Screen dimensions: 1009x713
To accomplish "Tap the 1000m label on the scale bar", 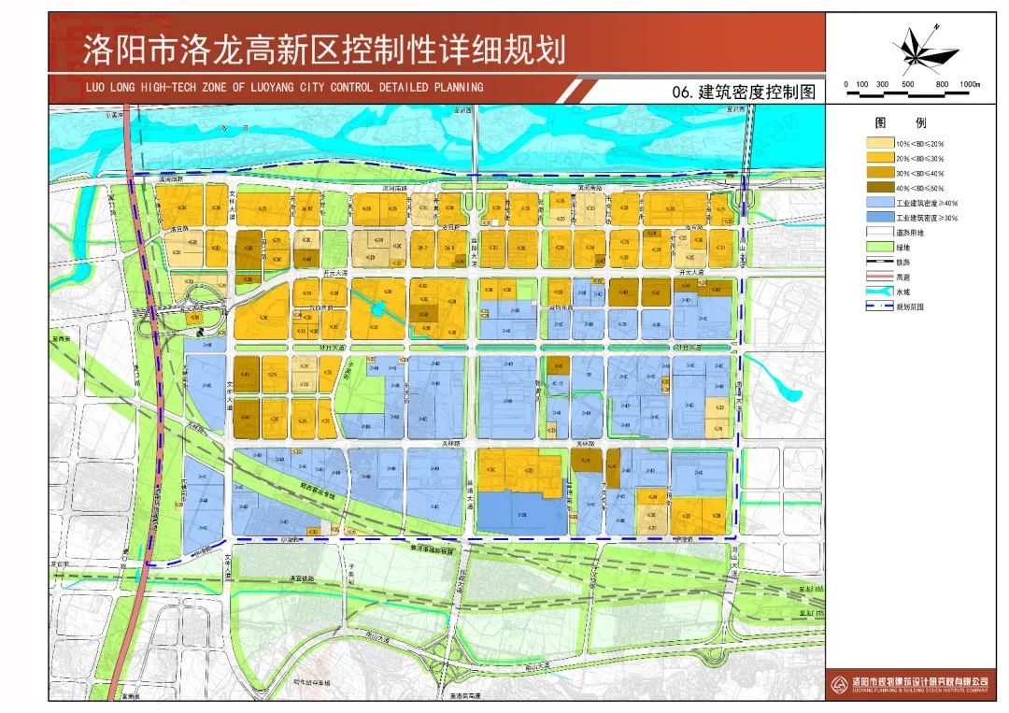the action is tap(969, 84).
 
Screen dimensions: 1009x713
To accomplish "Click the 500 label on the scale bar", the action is tap(907, 84).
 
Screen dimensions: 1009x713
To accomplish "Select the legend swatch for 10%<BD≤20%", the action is tap(879, 144).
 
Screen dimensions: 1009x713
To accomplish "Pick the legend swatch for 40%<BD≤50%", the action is tap(879, 188).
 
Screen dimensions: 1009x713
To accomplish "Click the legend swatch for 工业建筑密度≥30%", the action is tap(879, 218).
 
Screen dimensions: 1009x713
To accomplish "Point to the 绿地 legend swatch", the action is tap(879, 247).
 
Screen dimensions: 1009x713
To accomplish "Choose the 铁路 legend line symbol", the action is tap(879, 263).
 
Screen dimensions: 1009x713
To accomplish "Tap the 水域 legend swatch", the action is tap(879, 292).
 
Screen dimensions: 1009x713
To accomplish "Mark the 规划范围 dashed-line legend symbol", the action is tap(879, 306).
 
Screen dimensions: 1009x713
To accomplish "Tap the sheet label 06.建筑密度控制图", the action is tap(744, 93).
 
